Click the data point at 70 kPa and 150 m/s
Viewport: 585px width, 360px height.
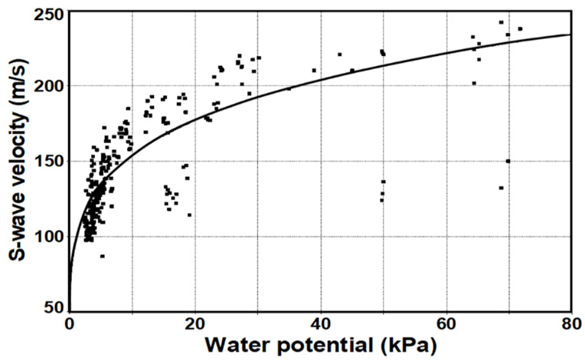click(x=508, y=161)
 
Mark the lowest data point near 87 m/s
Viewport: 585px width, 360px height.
click(x=102, y=256)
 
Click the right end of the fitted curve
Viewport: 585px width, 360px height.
click(x=570, y=34)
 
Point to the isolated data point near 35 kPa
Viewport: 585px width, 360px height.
click(x=289, y=89)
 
